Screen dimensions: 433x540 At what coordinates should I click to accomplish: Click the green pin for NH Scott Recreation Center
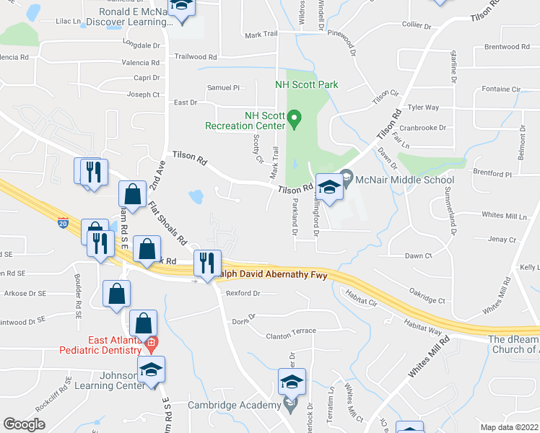coord(294,118)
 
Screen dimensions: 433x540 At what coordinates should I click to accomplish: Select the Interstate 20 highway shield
coord(64,224)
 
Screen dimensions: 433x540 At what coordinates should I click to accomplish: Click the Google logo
coord(24,424)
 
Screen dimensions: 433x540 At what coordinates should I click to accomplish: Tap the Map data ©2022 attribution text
coord(509,427)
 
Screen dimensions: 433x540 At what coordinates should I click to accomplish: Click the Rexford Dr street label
coord(243,294)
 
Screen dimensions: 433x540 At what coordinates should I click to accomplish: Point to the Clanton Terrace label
coord(291,331)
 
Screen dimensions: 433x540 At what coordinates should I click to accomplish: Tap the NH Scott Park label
coord(306,85)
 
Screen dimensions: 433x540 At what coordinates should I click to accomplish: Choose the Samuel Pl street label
coord(223,88)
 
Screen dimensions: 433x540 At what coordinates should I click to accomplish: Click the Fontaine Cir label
coord(501,89)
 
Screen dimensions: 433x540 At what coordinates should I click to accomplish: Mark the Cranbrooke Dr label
coord(422,127)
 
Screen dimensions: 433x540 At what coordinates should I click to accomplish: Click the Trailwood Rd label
coord(195,56)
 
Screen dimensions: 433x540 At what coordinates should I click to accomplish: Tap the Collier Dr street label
coord(417,26)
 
